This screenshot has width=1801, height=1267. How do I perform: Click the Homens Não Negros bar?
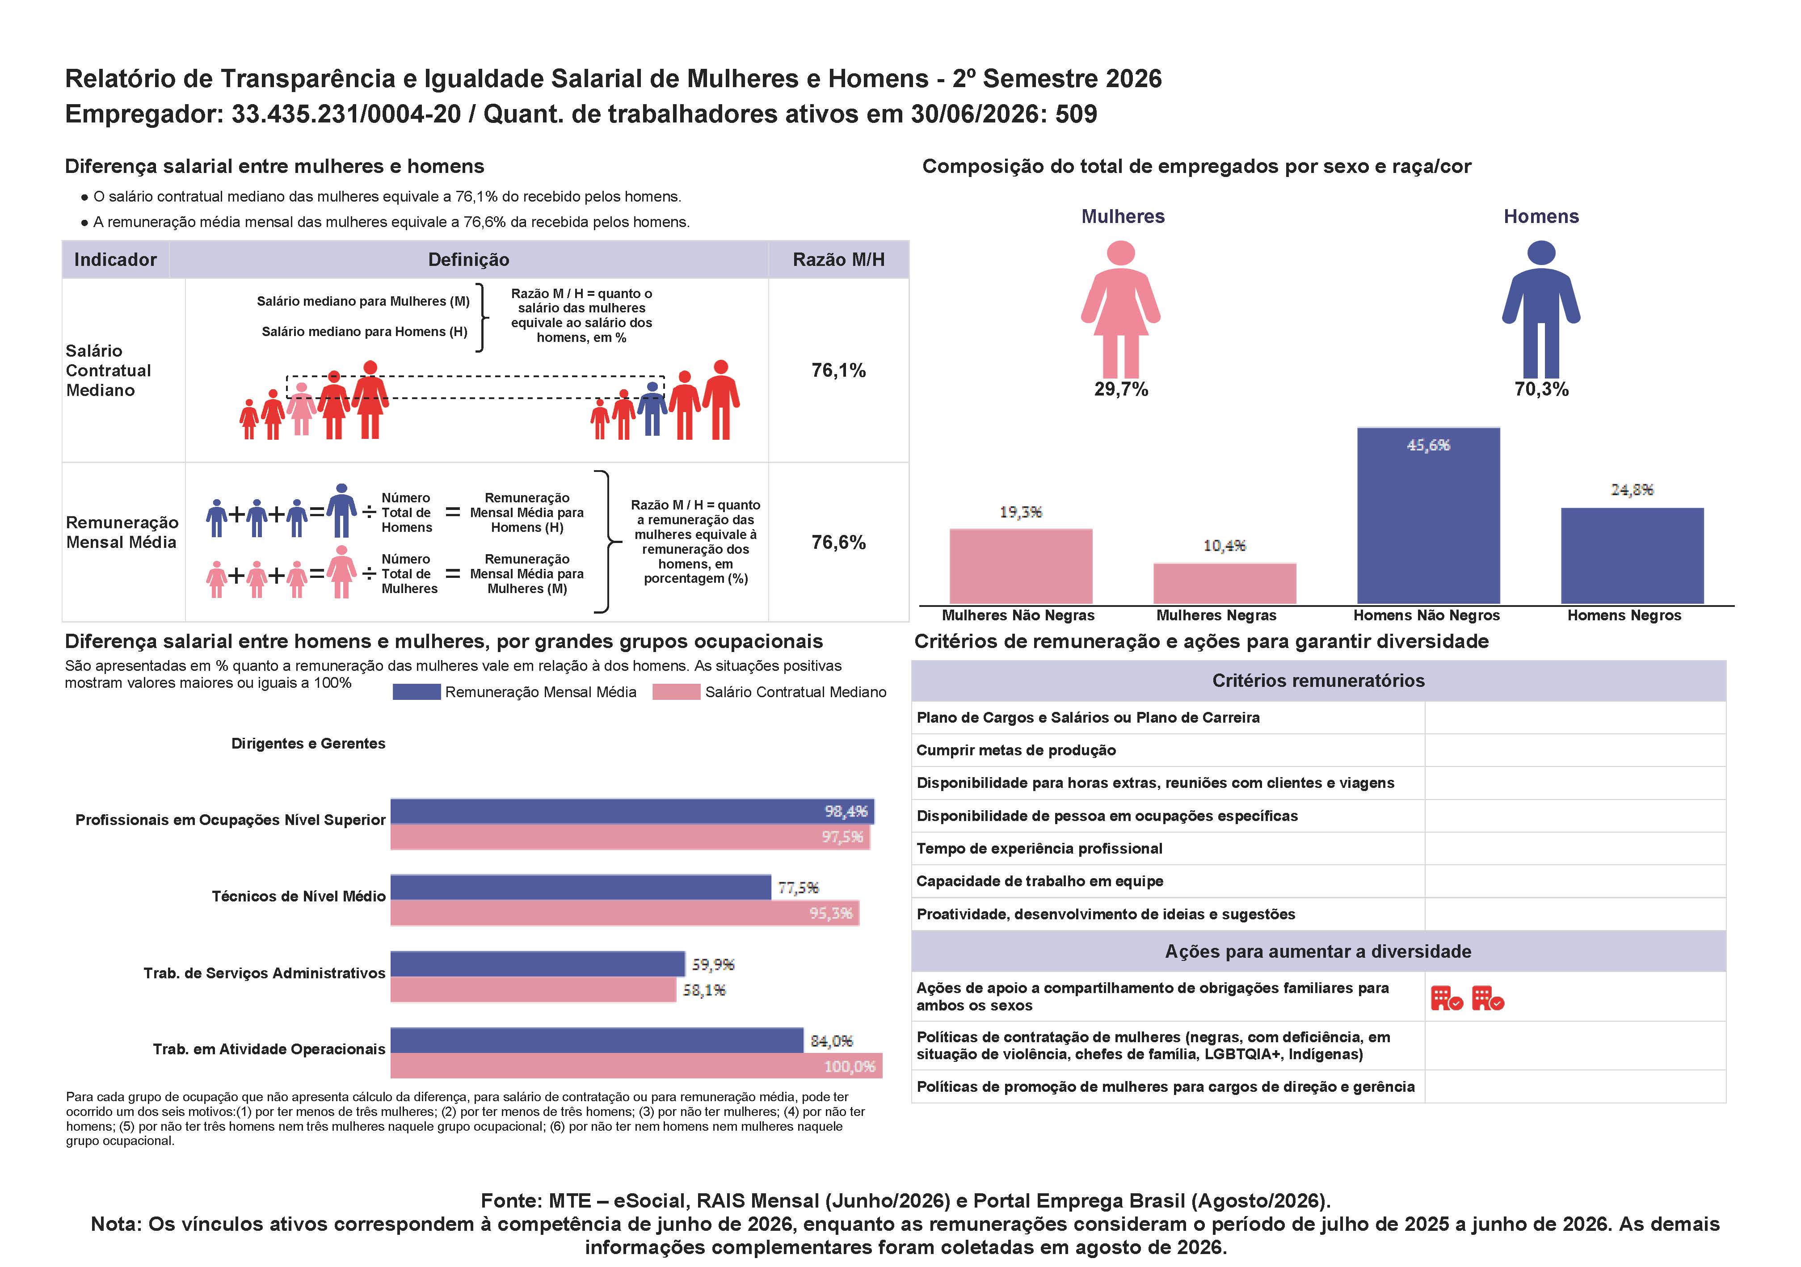click(x=1428, y=515)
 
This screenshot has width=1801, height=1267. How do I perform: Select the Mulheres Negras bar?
click(x=1225, y=584)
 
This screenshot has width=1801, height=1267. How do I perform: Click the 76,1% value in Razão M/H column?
click(x=838, y=370)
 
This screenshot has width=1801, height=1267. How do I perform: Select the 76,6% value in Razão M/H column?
click(x=838, y=542)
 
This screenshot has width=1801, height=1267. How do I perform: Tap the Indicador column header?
click(x=115, y=260)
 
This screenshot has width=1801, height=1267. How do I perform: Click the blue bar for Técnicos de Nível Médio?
click(x=581, y=887)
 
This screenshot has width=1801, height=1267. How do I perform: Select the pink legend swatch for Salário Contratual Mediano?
click(x=676, y=692)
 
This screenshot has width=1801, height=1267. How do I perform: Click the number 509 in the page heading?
click(x=1076, y=114)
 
